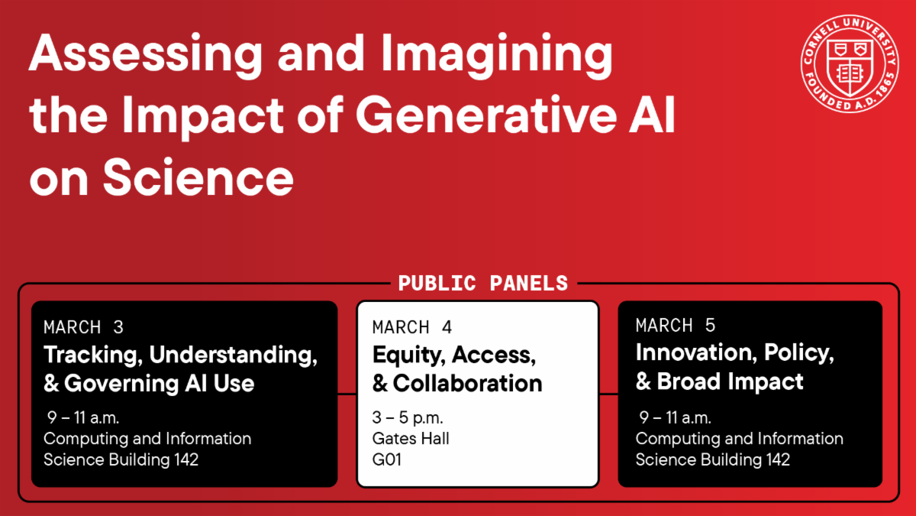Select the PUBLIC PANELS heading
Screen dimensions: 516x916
(x=482, y=284)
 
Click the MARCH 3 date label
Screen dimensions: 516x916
(x=83, y=328)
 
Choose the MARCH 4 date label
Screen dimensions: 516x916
(x=412, y=328)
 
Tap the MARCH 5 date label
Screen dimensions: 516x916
(x=676, y=326)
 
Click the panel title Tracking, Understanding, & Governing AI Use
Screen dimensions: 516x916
(x=180, y=369)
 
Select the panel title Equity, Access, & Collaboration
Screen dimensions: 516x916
(x=456, y=369)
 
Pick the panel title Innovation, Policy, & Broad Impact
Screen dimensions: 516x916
(x=734, y=368)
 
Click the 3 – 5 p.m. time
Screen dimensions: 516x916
(x=408, y=418)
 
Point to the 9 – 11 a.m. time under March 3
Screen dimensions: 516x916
(x=82, y=418)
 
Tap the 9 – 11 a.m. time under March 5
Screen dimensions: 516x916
(x=674, y=418)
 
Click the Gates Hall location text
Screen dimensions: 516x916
(x=411, y=439)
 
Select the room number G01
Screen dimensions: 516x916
(x=387, y=459)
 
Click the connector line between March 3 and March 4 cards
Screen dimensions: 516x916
(x=347, y=394)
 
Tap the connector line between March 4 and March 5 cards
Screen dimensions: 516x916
(x=608, y=394)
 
